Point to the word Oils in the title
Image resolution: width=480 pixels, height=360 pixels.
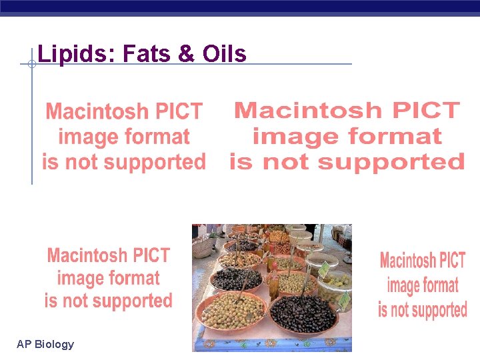(224, 54)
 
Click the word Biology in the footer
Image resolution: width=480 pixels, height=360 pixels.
(55, 345)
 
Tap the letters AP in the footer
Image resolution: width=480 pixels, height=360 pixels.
(24, 345)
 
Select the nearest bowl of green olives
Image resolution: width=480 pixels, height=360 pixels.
(233, 310)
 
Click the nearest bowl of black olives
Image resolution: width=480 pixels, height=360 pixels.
(303, 313)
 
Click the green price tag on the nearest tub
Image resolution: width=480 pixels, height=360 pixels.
(344, 300)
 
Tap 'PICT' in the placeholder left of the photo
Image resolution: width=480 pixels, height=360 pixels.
(151, 255)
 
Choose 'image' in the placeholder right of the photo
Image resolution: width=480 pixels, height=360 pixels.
(404, 286)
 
